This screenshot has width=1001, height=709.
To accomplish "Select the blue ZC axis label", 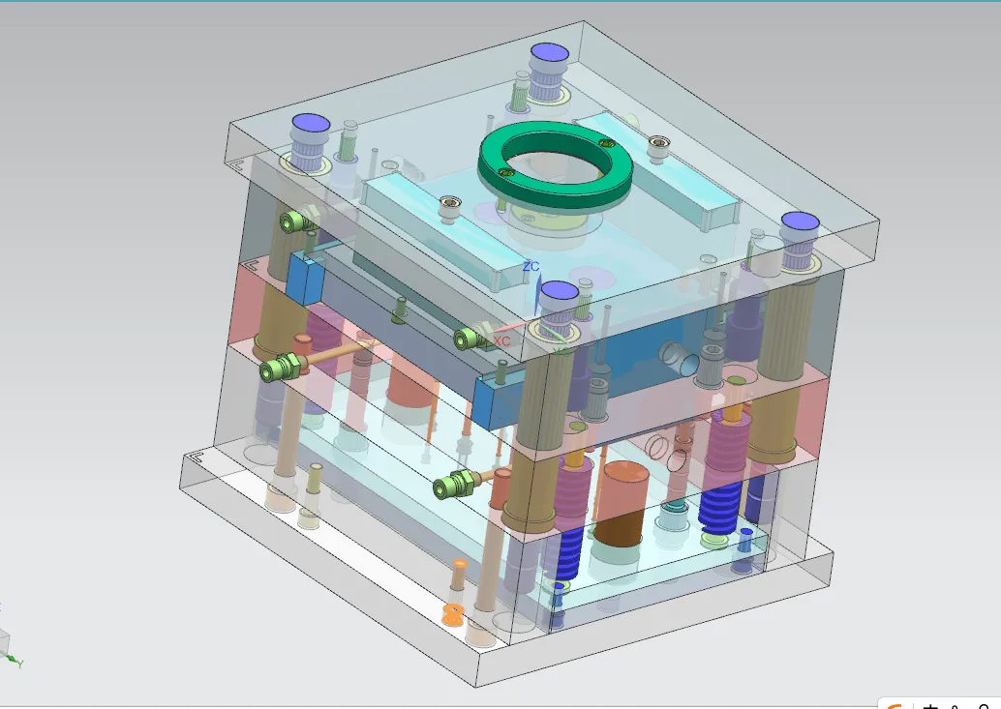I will coord(531,266).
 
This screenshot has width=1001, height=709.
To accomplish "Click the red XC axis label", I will coord(501,341).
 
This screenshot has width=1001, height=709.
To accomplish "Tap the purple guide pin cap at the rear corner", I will coord(549,53).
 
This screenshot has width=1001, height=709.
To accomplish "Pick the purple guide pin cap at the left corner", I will coord(311,123).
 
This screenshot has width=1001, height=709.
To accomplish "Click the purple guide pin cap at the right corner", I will coord(801,222).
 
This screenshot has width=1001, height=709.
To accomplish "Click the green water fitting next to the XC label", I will coord(469,339).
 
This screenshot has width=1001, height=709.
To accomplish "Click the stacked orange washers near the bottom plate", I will coord(453,613).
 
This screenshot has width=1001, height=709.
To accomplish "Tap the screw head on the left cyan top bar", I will coord(449,204).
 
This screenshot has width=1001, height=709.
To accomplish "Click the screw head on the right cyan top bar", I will coord(658,143).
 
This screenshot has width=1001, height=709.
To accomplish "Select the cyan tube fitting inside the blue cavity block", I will coord(678,358).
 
